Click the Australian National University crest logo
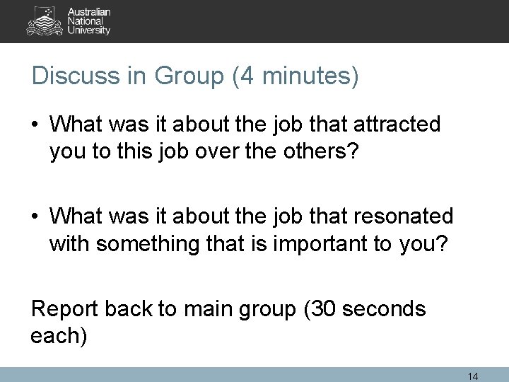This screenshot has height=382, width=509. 44,21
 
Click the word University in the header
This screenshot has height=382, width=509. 88,30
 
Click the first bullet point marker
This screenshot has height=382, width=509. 36,125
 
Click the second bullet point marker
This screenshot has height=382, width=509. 36,215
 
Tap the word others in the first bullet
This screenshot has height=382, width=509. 320,152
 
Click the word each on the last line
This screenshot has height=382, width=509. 54,336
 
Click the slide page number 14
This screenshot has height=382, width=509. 473,376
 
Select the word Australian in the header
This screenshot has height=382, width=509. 90,12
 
